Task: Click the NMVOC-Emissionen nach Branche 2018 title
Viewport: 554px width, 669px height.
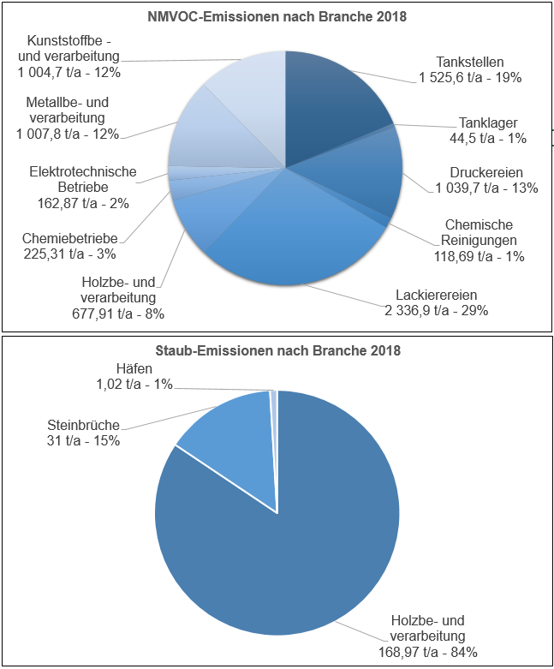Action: point(277,17)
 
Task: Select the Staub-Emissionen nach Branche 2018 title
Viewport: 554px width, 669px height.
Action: point(277,351)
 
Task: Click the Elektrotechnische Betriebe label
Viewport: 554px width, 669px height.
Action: point(83,188)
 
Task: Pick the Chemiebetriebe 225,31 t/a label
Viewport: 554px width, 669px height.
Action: point(70,245)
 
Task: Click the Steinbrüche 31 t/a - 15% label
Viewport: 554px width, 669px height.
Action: point(82,433)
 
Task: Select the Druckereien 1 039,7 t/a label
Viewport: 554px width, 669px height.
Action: point(486,180)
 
